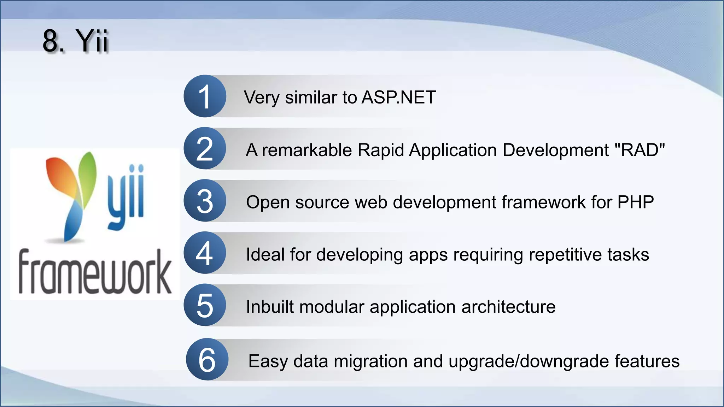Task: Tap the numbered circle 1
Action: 205,96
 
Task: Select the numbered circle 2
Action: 205,148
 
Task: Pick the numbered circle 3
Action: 205,201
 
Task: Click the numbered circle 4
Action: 205,253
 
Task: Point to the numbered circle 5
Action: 205,305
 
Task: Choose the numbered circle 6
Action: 207,359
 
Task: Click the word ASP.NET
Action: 399,97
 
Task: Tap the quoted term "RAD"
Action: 640,150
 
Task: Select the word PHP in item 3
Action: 635,202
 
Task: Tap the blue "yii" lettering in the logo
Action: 126,196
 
